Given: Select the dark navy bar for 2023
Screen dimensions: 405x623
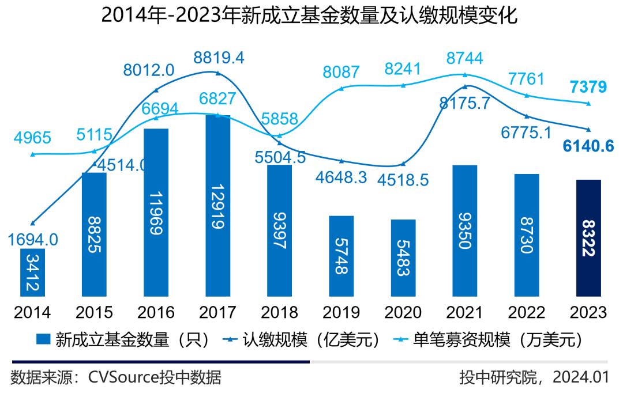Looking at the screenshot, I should [589, 239].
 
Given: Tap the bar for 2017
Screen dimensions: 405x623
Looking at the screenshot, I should [217, 207].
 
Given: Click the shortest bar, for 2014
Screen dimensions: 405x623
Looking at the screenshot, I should [33, 272].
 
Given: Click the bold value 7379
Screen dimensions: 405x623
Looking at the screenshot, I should [588, 87].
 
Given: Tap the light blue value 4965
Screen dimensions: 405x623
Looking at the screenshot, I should [32, 138].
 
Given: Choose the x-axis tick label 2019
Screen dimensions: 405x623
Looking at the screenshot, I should [341, 312].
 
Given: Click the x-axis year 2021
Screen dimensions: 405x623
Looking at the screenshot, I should [465, 312].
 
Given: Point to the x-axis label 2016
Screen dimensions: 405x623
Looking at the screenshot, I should [156, 312].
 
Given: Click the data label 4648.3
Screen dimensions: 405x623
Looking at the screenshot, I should [342, 177].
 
